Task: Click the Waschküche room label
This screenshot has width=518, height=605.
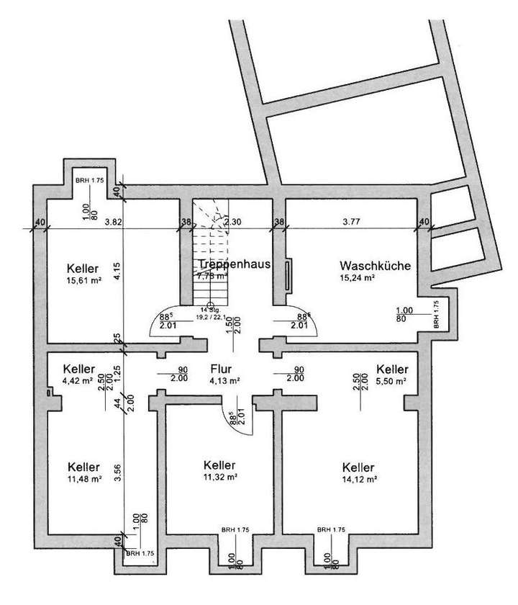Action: click(376, 265)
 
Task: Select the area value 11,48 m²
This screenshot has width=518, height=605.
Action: click(83, 478)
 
